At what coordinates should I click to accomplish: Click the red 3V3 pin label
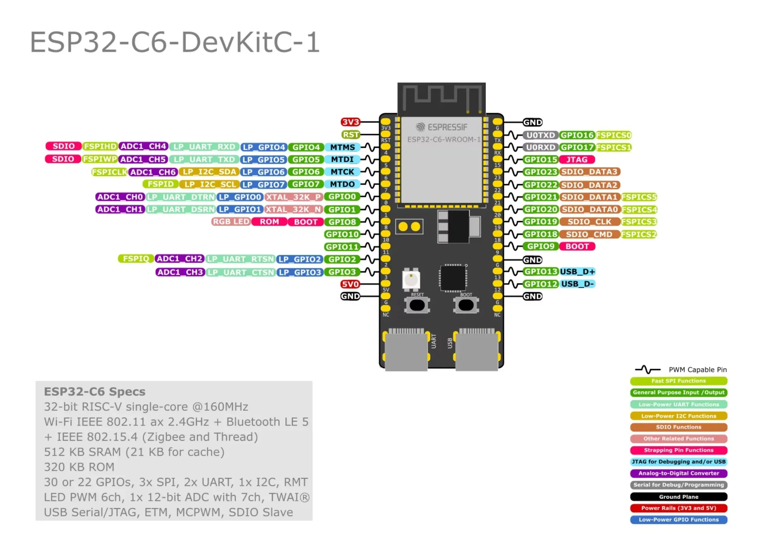tap(350, 122)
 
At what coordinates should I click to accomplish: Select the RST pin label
tap(351, 135)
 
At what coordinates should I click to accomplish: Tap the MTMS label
tap(342, 147)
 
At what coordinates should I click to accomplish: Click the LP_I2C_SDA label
tap(209, 172)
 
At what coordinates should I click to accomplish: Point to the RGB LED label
tap(231, 222)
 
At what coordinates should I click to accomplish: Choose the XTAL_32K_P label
tap(293, 197)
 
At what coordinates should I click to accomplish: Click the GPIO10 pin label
tap(342, 234)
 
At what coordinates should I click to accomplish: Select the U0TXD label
tap(540, 135)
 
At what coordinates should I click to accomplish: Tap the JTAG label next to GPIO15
tap(577, 159)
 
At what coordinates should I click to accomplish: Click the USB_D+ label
tap(577, 271)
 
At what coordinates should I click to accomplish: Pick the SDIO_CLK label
tap(589, 222)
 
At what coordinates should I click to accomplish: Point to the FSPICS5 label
tap(639, 197)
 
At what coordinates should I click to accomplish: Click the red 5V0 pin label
tap(350, 284)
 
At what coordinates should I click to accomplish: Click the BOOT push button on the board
tap(466, 305)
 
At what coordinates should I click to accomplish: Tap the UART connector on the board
tap(406, 351)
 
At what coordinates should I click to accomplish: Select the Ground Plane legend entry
tap(678, 497)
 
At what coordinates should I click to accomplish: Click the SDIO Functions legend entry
tap(678, 427)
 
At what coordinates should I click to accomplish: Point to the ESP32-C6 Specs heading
tap(95, 392)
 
